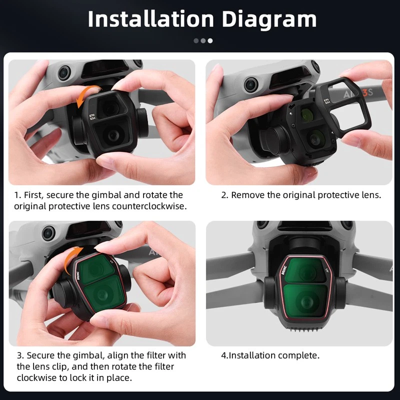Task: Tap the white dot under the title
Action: coord(210,40)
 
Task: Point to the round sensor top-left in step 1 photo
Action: coord(64,74)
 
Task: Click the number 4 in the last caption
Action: coord(224,355)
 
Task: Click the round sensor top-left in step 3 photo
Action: coord(48,232)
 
